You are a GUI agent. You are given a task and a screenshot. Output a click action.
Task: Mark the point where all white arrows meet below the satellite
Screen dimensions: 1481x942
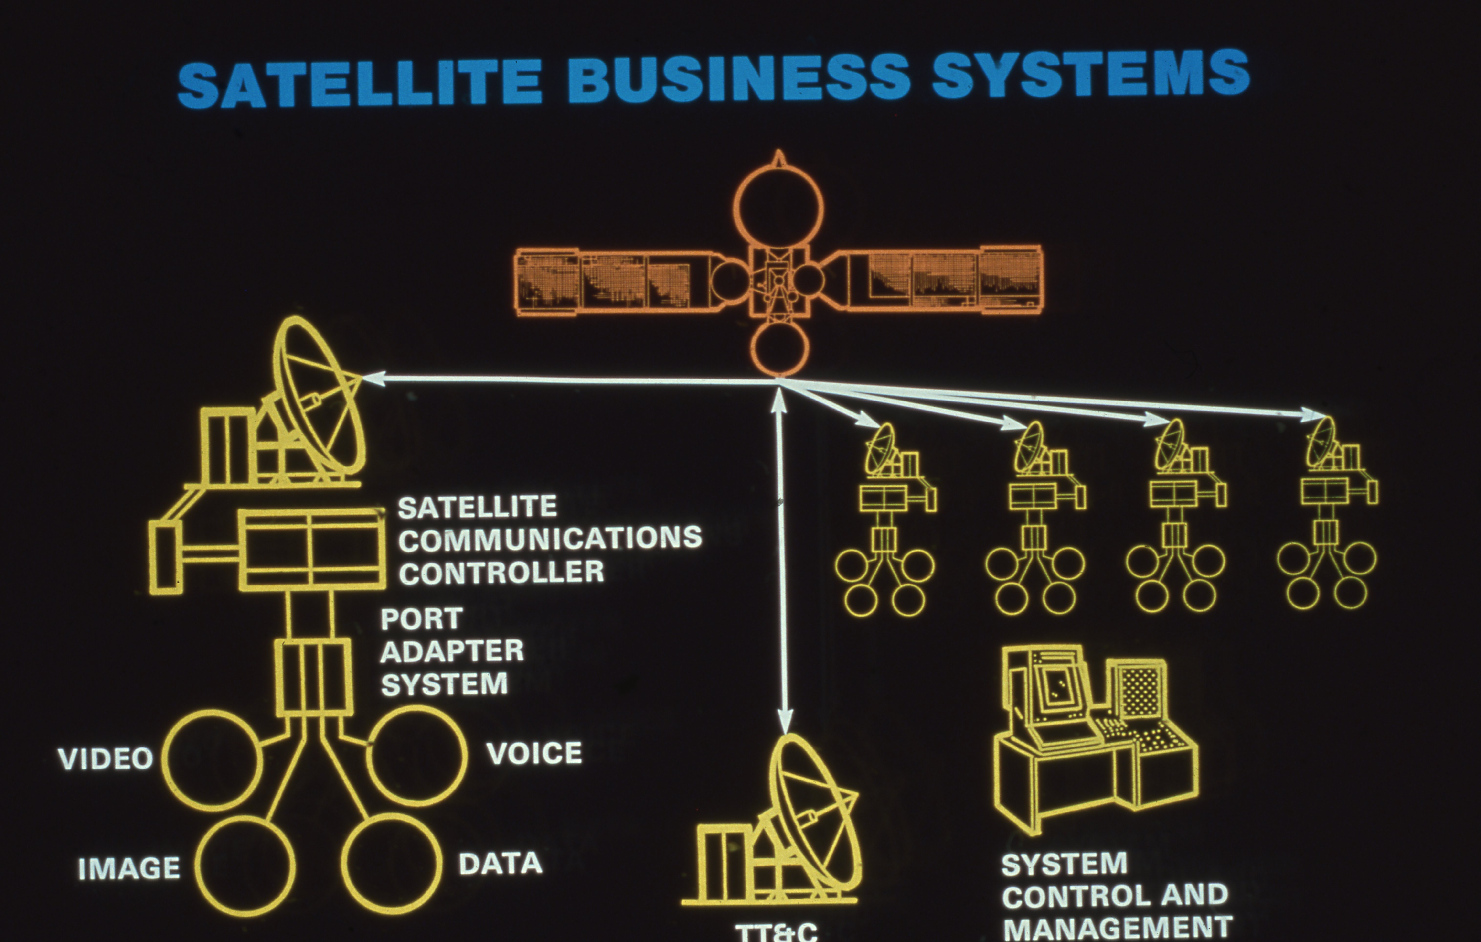pyautogui.click(x=779, y=383)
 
